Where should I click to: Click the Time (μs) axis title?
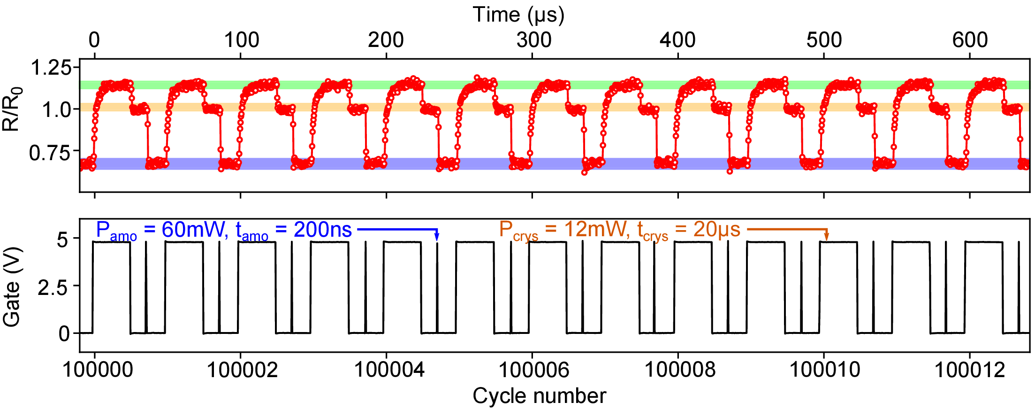click(518, 15)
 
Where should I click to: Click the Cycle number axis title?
click(539, 396)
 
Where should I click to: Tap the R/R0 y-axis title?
click(12, 109)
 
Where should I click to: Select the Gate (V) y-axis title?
click(12, 286)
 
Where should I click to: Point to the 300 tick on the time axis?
click(534, 40)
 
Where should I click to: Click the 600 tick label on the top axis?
click(970, 40)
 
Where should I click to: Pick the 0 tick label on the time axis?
click(94, 40)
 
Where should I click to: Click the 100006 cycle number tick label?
click(533, 370)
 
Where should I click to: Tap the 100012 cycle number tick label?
click(969, 370)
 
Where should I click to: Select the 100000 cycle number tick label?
click(98, 370)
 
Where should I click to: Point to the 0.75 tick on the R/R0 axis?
click(50, 153)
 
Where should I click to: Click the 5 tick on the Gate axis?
click(62, 240)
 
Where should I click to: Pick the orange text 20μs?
click(716, 230)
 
